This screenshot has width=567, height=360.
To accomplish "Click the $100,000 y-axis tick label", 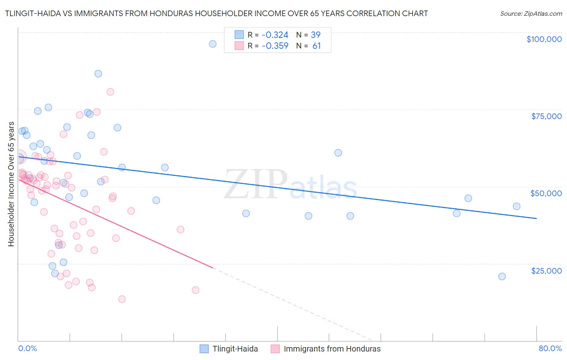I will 544,39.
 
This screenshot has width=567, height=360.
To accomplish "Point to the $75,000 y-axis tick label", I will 546,116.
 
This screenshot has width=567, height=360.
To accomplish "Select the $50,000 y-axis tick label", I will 546,193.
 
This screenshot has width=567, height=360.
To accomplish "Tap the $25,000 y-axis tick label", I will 546,270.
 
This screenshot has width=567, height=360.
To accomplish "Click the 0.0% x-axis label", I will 27,348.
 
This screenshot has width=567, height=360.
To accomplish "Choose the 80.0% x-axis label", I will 550,348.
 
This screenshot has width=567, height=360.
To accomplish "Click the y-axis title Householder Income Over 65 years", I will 11,184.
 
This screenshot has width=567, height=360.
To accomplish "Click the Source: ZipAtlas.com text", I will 531,14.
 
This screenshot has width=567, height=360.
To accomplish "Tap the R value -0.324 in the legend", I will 275,35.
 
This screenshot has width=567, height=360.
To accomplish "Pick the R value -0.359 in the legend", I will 275,46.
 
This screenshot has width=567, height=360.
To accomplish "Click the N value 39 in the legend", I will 315,35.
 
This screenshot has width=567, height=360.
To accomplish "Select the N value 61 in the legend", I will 316,46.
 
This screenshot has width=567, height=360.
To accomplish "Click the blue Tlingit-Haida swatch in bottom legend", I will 204,349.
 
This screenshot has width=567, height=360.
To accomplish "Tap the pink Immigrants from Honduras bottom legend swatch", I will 275,349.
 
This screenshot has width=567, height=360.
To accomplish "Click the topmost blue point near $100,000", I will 213,44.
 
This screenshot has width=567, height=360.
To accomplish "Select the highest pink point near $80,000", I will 110,92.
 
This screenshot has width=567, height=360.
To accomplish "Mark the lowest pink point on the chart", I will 122,299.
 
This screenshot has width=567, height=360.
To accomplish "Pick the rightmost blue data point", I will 517,206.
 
